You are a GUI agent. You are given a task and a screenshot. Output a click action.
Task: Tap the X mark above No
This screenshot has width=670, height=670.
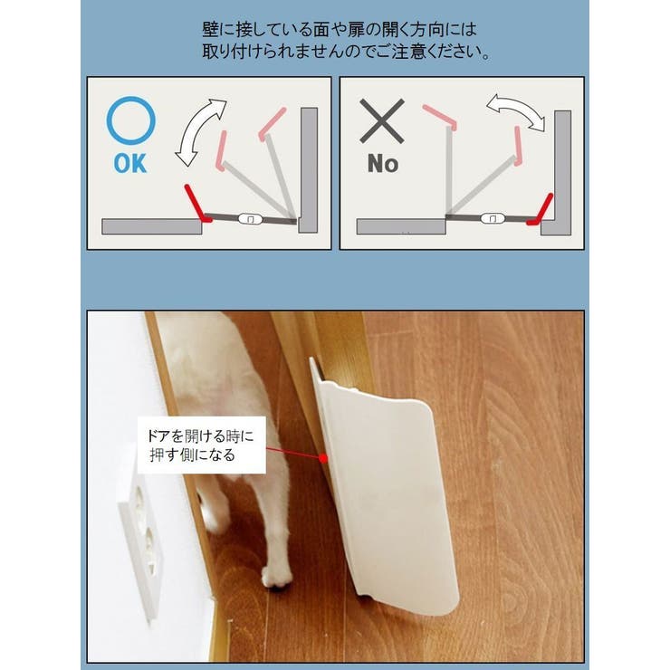tap(382, 121)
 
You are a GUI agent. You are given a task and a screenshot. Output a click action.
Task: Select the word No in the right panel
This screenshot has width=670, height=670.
tap(382, 164)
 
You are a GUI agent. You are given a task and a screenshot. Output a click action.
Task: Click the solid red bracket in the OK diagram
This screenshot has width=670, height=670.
tap(193, 203)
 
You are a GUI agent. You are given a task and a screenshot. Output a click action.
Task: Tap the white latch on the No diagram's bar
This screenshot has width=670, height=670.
tap(490, 218)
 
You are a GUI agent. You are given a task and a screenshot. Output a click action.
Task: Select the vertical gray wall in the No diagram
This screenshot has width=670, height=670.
tap(562, 172)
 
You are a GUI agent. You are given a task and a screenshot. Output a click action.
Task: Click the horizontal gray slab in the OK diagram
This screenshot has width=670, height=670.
tap(152, 226)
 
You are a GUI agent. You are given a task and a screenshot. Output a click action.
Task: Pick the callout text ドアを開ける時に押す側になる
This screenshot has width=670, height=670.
tap(201, 445)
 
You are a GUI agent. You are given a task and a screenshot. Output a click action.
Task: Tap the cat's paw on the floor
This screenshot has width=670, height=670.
tap(274, 576)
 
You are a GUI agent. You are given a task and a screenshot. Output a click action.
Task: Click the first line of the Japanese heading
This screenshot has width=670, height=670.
tap(334, 28)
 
